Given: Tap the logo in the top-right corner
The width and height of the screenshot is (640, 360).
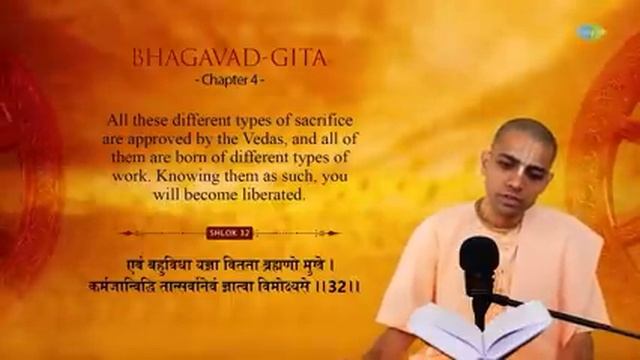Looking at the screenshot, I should pyautogui.click(x=591, y=31).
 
